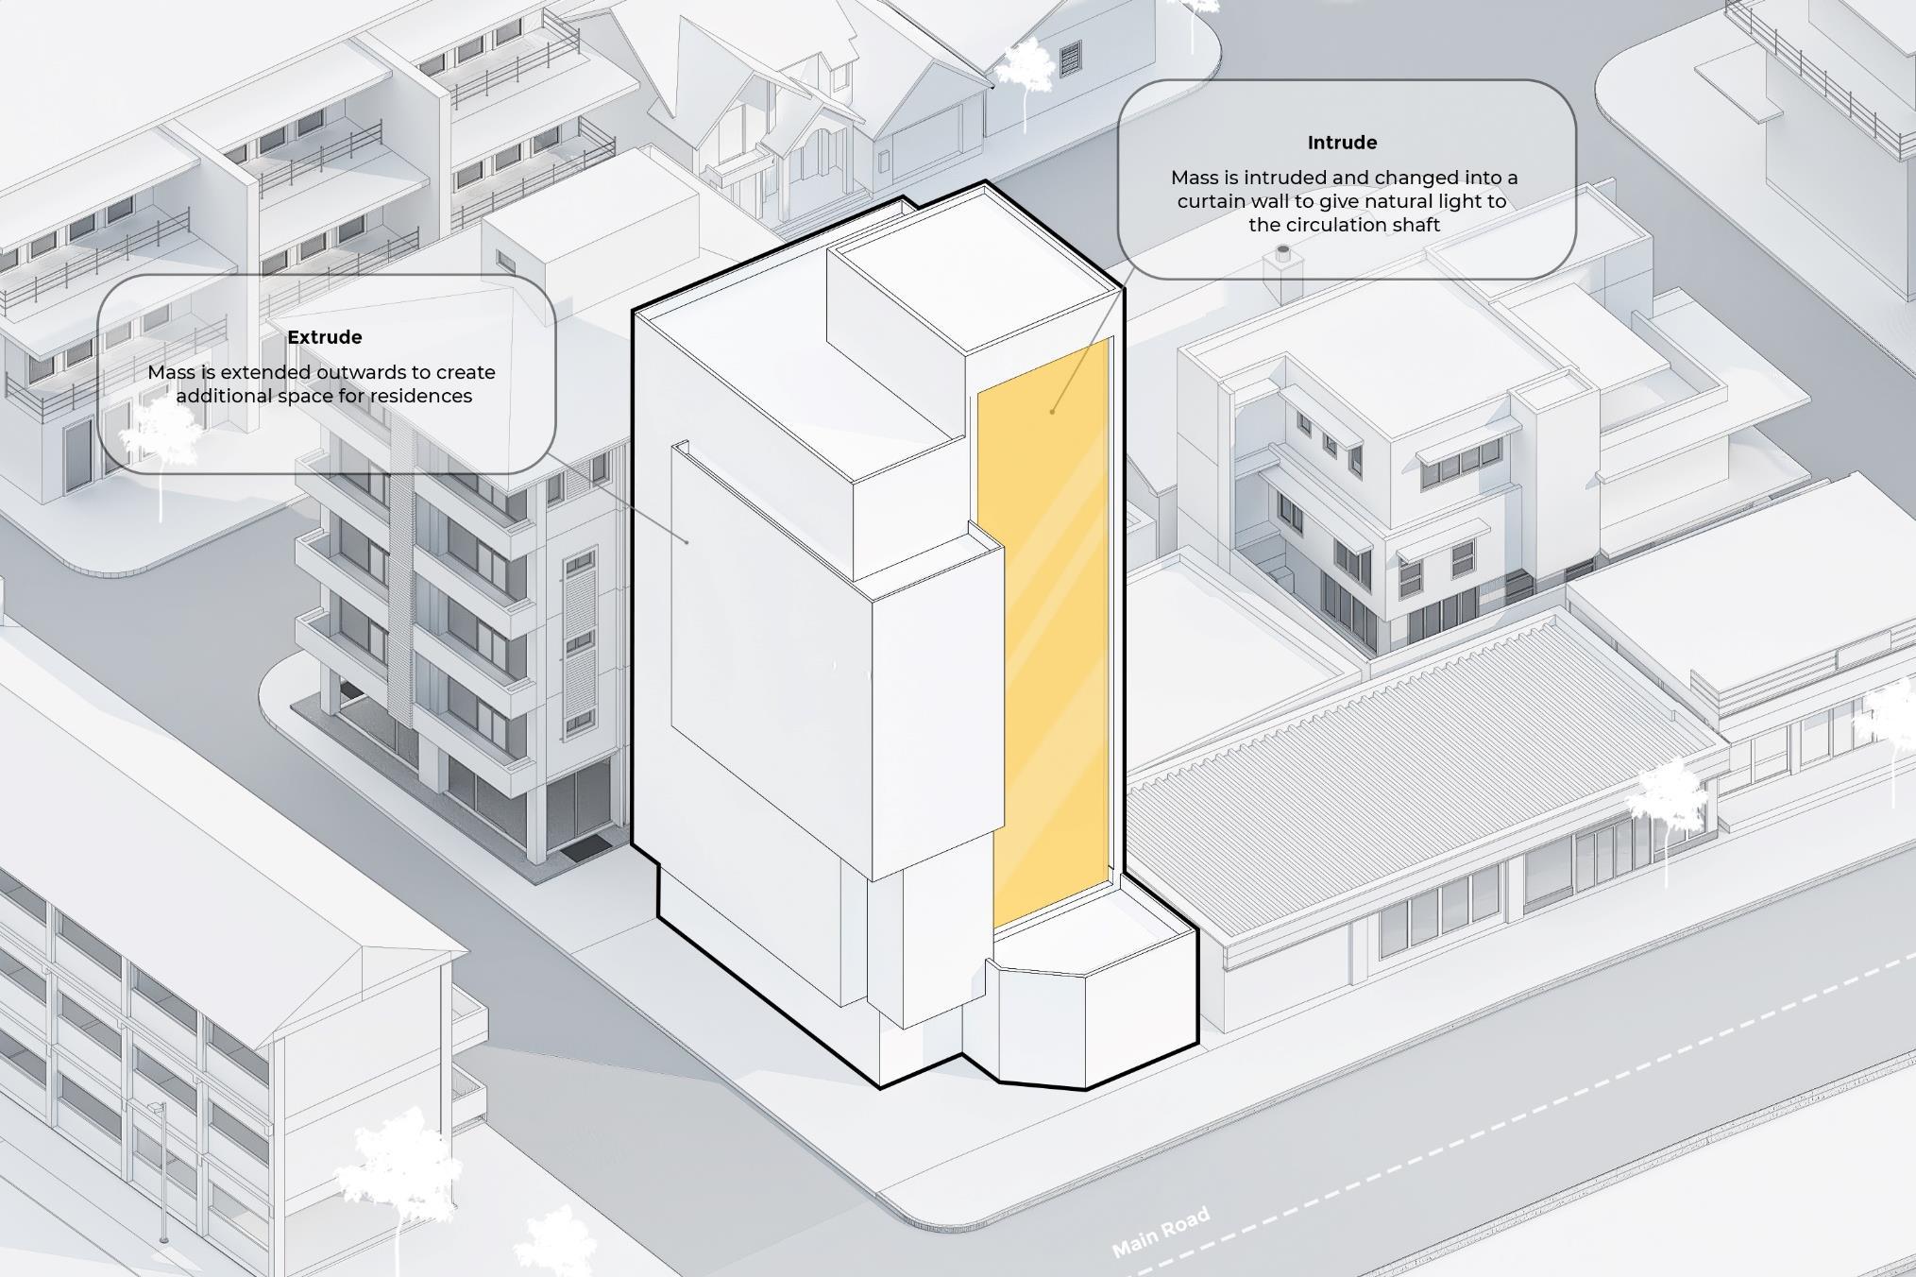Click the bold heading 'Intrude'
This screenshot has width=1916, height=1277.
[x=1342, y=143]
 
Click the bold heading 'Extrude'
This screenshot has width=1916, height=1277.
[x=324, y=337]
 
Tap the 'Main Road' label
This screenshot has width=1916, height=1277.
[x=1161, y=1233]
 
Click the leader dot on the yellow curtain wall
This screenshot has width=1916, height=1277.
[x=1052, y=412]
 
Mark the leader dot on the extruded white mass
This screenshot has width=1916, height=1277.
[x=687, y=541]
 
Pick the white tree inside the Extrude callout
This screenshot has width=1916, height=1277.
[x=161, y=434]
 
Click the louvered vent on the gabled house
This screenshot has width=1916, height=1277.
[x=1070, y=60]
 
